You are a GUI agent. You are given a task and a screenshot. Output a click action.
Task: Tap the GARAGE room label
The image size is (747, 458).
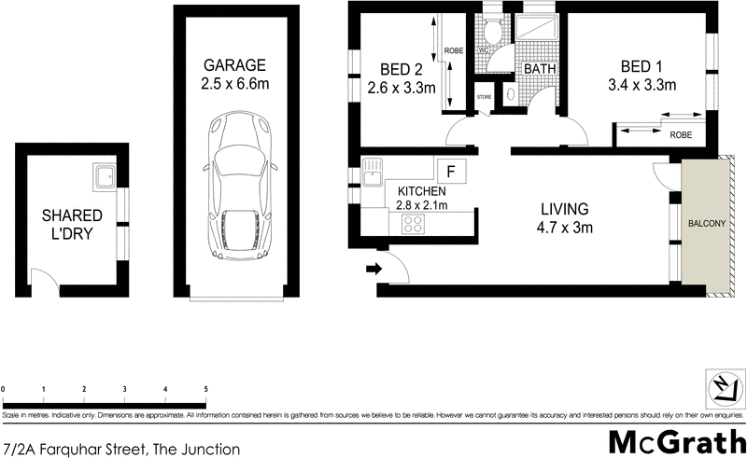[236, 65]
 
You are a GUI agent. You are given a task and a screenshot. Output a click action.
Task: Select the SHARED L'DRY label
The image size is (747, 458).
[71, 225]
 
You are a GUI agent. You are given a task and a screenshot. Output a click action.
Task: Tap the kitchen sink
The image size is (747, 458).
[372, 173]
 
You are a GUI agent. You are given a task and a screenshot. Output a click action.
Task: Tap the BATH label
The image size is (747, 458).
[540, 70]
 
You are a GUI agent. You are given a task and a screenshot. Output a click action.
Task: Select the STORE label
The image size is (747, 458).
[484, 95]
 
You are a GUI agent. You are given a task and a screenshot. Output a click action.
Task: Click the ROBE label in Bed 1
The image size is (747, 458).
[681, 135]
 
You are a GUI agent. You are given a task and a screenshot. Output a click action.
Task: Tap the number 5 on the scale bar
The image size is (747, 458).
[205, 388]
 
